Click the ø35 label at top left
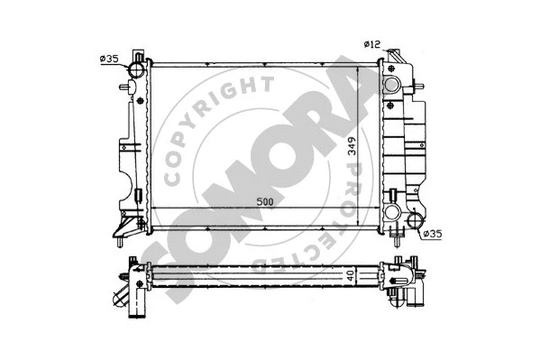tap(109, 60)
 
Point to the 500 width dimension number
tap(264, 201)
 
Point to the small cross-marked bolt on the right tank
tap(393, 194)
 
